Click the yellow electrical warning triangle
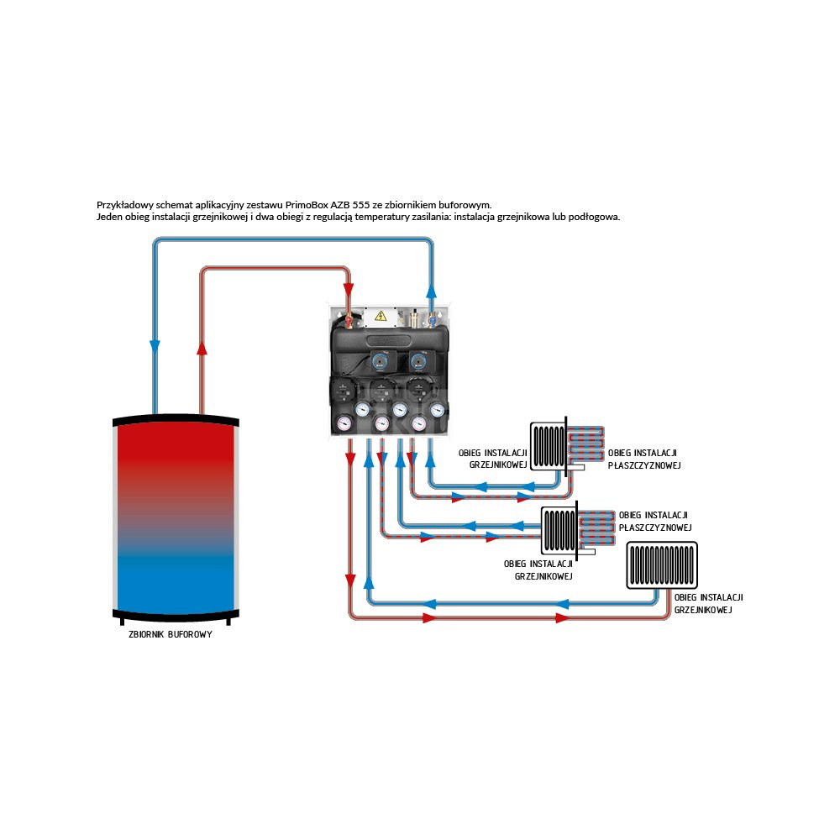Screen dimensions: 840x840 [381, 316]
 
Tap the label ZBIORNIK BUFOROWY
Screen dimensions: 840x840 [170, 635]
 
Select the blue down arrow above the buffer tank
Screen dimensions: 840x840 [155, 346]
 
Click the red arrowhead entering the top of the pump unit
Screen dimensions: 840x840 [349, 301]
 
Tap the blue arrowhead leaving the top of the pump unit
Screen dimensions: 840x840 [432, 291]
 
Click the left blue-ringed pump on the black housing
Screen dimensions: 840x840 [378, 362]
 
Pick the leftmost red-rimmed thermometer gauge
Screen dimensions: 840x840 [343, 422]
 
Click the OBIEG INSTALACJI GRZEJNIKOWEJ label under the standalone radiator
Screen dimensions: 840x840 [708, 603]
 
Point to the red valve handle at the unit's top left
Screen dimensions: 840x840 [346, 320]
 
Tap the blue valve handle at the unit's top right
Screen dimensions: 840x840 [432, 319]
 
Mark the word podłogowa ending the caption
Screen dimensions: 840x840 [595, 217]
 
